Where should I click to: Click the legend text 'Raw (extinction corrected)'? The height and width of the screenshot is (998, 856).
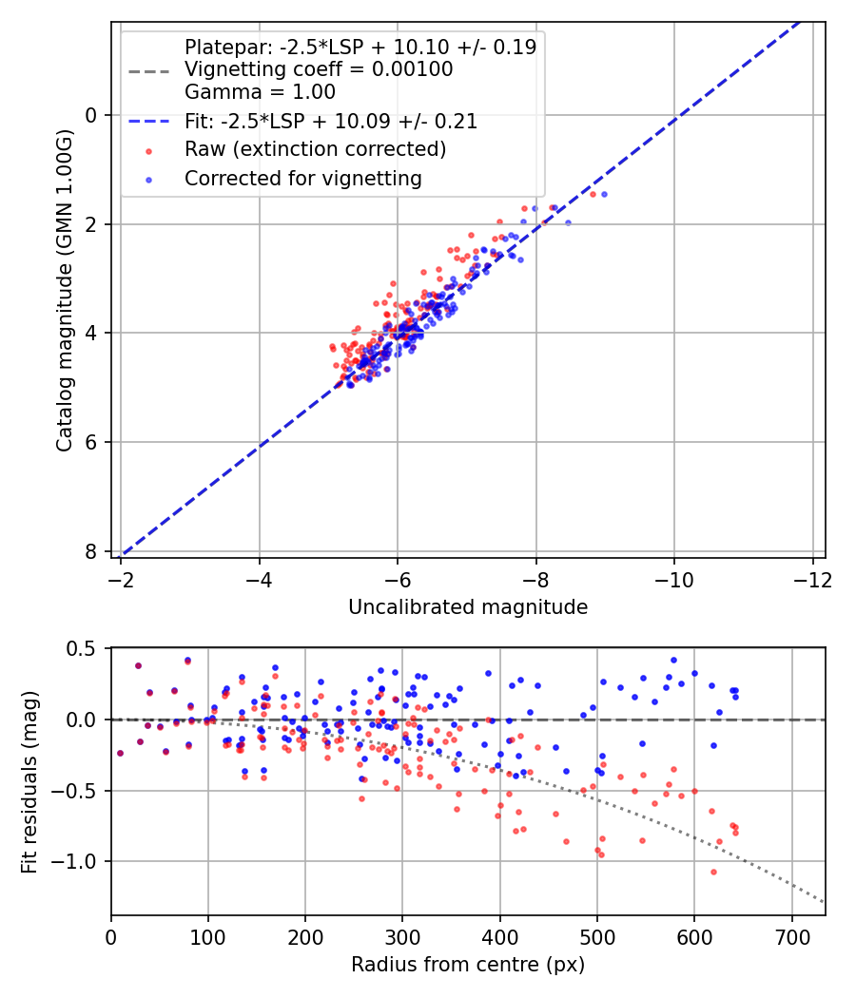click(315, 149)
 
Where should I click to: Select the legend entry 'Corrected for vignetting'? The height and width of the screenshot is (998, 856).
click(302, 178)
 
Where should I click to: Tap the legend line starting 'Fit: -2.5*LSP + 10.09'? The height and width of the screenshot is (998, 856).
click(331, 122)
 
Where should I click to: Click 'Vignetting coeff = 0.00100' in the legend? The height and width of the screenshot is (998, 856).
click(319, 69)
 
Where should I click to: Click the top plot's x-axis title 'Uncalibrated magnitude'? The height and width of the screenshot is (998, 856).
click(467, 606)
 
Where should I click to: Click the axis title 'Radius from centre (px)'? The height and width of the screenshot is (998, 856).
click(467, 965)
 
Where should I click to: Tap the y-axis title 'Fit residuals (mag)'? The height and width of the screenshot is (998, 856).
click(29, 780)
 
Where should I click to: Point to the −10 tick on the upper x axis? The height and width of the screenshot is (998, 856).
click(673, 579)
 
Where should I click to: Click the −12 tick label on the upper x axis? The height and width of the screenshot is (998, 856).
click(811, 579)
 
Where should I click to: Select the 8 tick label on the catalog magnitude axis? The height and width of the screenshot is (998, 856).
click(92, 551)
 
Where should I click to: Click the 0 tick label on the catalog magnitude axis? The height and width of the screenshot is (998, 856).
click(92, 115)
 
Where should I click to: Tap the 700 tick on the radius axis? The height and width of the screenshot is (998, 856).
click(791, 936)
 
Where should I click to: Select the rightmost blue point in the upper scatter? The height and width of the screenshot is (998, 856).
click(604, 194)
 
